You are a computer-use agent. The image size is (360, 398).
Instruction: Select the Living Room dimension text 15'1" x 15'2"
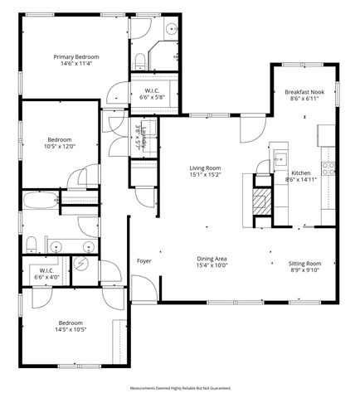click(205, 175)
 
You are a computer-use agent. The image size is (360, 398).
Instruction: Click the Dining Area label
click(212, 259)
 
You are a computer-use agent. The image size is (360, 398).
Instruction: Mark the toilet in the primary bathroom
click(139, 60)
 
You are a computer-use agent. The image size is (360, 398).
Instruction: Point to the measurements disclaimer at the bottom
click(180, 388)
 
